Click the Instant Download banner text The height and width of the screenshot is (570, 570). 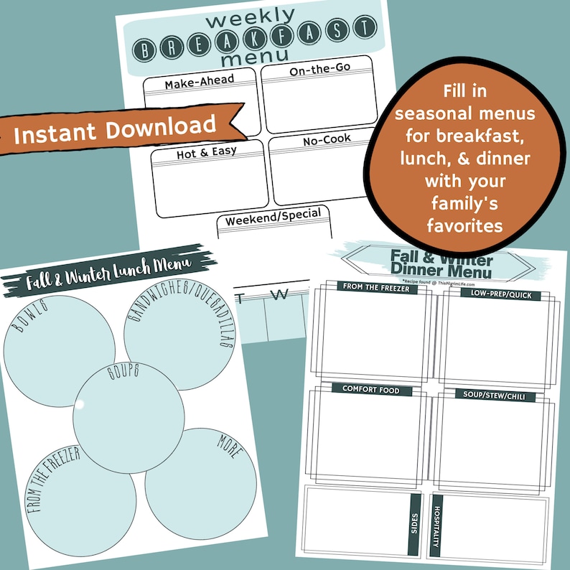click(115, 128)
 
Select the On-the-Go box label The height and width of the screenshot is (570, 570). click(317, 71)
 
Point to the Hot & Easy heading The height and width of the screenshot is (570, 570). click(206, 153)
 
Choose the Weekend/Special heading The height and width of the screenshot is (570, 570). click(274, 220)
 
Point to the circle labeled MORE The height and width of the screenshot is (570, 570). click(201, 481)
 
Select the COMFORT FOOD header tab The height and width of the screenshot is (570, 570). click(370, 390)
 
